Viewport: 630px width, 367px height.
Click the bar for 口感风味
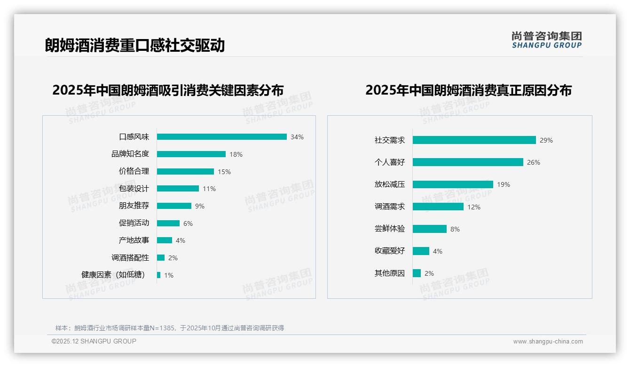click(x=221, y=137)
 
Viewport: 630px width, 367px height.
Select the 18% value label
click(x=236, y=154)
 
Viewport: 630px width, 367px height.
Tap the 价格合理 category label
click(x=134, y=171)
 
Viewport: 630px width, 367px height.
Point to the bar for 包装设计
click(x=178, y=189)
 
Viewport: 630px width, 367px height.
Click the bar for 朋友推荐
click(x=174, y=206)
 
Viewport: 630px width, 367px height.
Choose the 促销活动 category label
click(x=134, y=223)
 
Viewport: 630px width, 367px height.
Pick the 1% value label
click(x=169, y=275)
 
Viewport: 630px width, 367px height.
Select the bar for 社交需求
click(x=474, y=140)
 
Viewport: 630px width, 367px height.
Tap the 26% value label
click(x=534, y=162)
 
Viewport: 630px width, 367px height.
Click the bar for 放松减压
click(x=453, y=184)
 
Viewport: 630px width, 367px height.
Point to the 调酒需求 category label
click(x=389, y=207)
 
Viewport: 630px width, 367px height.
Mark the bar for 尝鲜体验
click(x=429, y=229)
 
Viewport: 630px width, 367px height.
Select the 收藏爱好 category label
click(x=389, y=251)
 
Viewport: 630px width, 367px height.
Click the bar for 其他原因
click(x=417, y=273)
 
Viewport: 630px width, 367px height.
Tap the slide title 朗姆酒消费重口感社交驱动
click(x=135, y=45)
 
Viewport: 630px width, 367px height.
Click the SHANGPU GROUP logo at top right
click(x=546, y=40)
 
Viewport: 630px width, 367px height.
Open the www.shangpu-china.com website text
click(x=548, y=342)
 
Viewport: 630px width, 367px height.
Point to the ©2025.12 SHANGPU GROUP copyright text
click(x=94, y=341)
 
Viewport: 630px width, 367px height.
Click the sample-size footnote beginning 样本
click(x=170, y=328)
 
